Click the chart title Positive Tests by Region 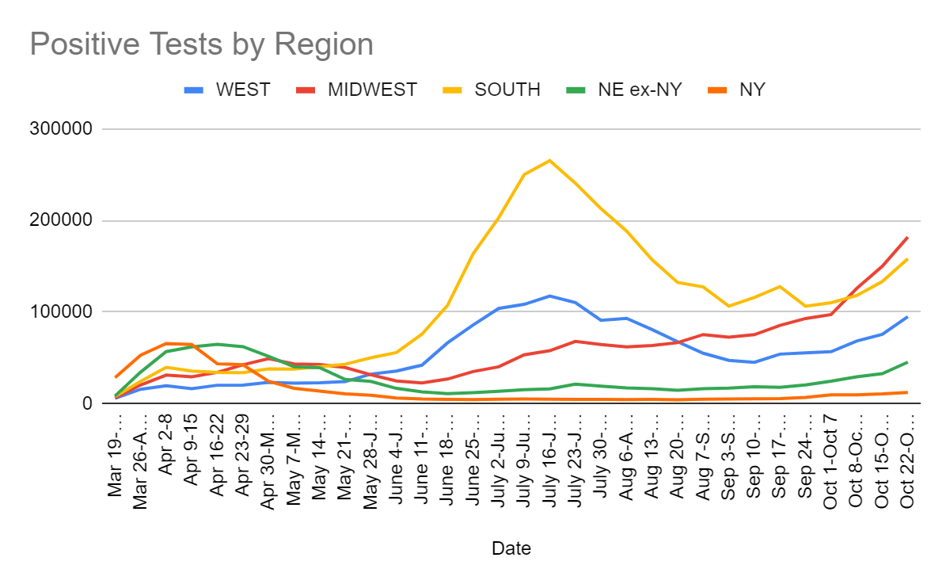(x=201, y=44)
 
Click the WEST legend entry (x=242, y=90)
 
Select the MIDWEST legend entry (x=372, y=90)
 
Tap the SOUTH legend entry (x=507, y=90)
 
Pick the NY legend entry (x=752, y=90)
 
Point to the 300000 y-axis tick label (x=66, y=129)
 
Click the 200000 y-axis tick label (x=66, y=221)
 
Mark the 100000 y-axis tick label (x=66, y=312)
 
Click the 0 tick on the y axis (x=87, y=404)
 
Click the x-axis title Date (x=511, y=548)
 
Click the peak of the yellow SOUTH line (x=549, y=160)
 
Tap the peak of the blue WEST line (x=549, y=296)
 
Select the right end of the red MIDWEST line (x=907, y=237)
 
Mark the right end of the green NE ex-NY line (x=907, y=362)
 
